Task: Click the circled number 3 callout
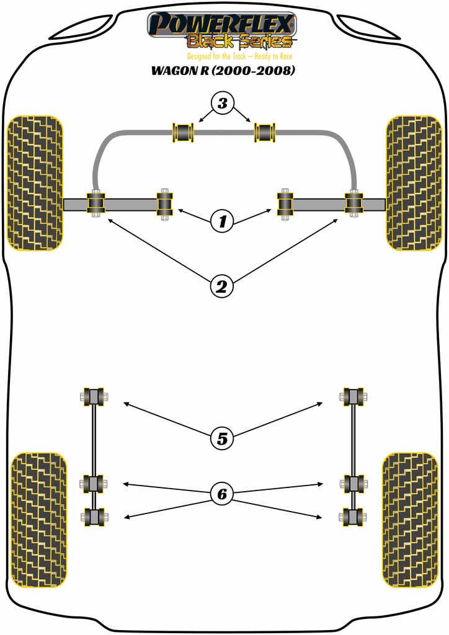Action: pos(223,103)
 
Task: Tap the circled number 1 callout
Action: pos(223,220)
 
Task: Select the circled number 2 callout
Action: pos(223,286)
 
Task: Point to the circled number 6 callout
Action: pos(223,494)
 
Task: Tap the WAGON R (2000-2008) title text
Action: pos(223,70)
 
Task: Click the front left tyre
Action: pos(35,183)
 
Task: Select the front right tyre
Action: pos(413,183)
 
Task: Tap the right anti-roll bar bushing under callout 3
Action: pos(265,132)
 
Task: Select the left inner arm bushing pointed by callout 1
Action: pos(164,203)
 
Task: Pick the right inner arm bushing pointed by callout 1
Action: pos(285,203)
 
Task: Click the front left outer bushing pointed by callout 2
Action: pos(96,203)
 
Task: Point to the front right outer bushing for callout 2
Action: pos(353,203)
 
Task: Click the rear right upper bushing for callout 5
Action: pos(353,396)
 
